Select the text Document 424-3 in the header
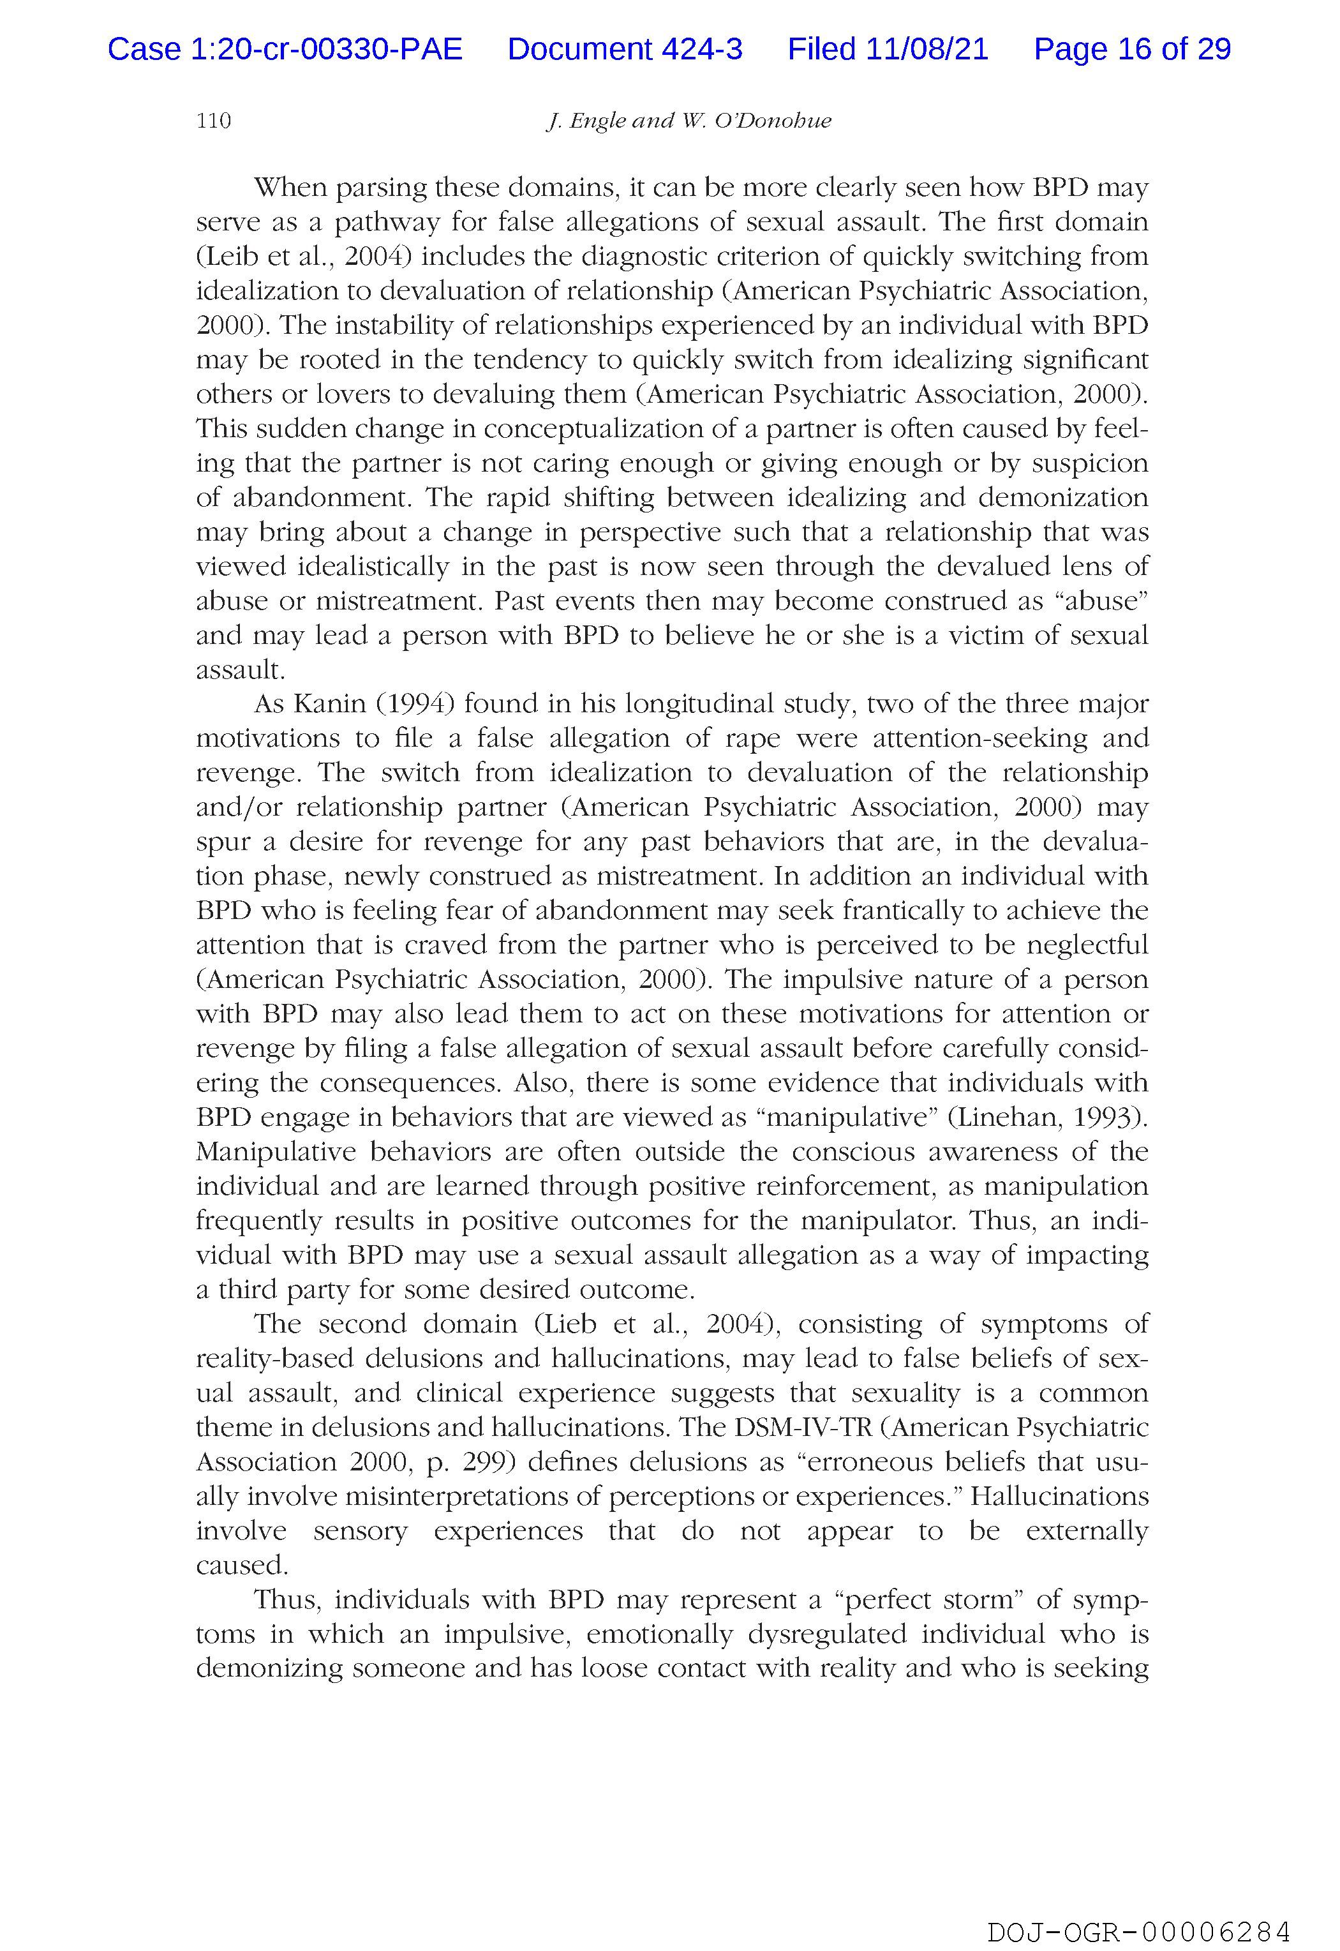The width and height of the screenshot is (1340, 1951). pos(625,50)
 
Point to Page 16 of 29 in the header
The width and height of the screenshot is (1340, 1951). pos(1132,50)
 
